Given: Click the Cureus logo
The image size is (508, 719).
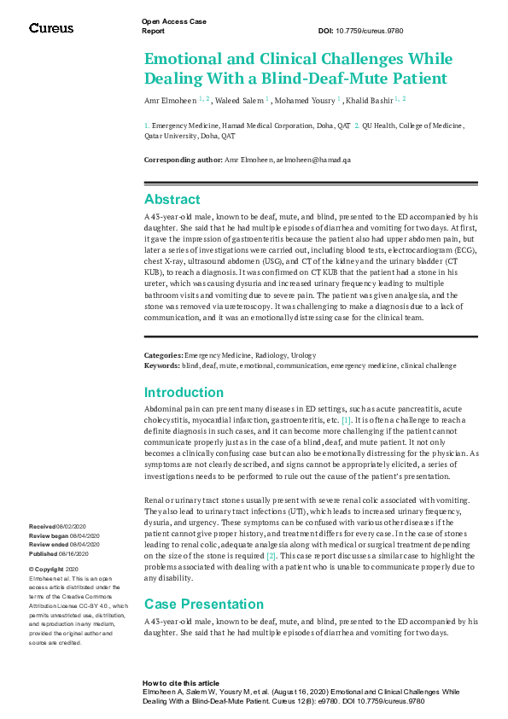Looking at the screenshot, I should click(51, 28).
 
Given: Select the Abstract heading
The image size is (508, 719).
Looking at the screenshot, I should click(172, 200).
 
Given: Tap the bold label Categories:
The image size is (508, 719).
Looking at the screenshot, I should click(164, 354).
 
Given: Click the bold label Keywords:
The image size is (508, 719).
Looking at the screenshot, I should click(161, 364).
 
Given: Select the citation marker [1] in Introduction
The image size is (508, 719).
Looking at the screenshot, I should click(346, 421).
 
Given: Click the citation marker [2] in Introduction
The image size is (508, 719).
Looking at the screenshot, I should click(272, 556).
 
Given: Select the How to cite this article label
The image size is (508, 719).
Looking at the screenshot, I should click(180, 684).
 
